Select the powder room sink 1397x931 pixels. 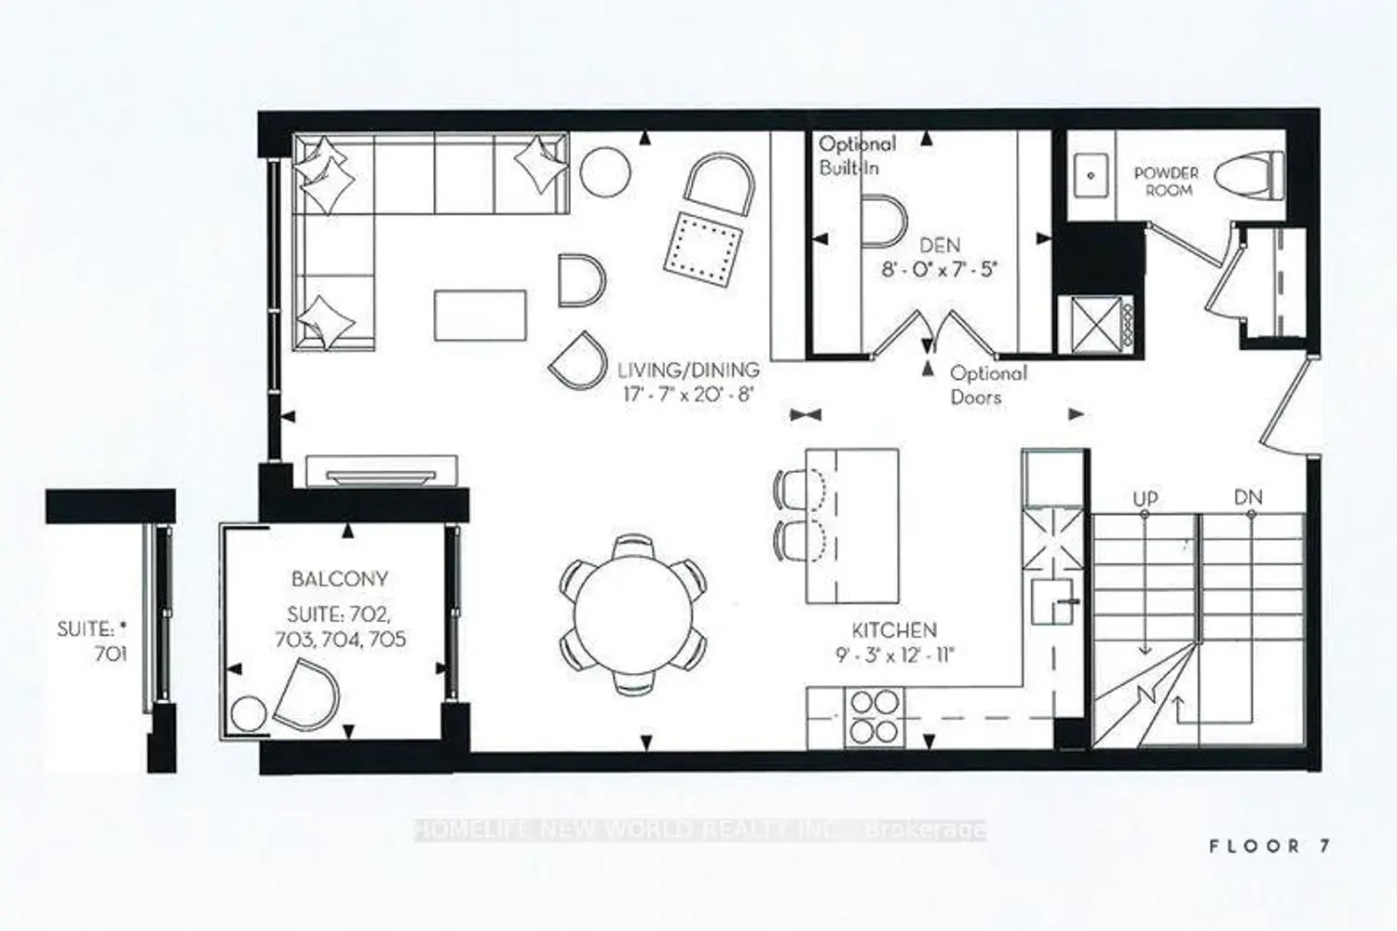(x=1091, y=176)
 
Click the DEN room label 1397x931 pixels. (x=940, y=246)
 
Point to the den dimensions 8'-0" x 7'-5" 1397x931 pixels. (x=940, y=269)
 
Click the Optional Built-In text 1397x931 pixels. (x=856, y=155)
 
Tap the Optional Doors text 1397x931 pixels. (x=988, y=385)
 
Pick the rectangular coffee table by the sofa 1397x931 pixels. (x=481, y=316)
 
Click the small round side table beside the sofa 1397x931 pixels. (x=605, y=172)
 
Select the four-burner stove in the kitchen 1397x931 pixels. (x=875, y=717)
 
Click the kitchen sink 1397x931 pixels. (x=1052, y=601)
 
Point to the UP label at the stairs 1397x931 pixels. (x=1145, y=499)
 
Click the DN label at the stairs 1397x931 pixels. (x=1248, y=497)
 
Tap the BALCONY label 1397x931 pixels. (x=340, y=579)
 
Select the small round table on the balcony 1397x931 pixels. (x=249, y=715)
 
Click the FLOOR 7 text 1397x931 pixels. (x=1270, y=846)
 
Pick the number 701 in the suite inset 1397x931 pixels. (x=111, y=654)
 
